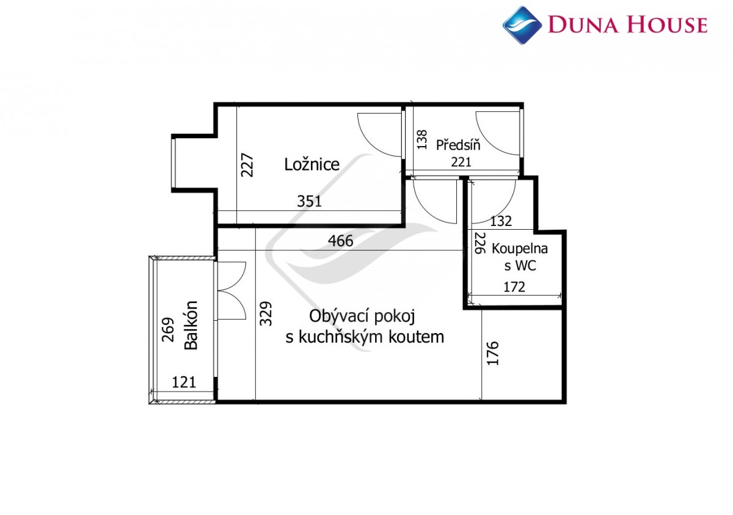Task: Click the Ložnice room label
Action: pos(312,164)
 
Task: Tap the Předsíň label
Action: pos(458,145)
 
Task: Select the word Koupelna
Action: pos(520,249)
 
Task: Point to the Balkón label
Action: pos(191,325)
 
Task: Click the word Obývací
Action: pos(338,316)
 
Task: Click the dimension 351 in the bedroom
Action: pos(309,201)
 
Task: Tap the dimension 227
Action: pos(247,165)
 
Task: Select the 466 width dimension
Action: pos(341,241)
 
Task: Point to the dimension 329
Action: pos(266,313)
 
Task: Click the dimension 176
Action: pos(493,353)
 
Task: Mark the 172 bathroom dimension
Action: pos(514,287)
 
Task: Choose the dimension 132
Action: pos(501,222)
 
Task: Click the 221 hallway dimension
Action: pos(461,162)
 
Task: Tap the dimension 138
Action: pos(422,140)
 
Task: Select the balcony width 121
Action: pos(184,382)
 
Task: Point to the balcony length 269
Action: pos(168,330)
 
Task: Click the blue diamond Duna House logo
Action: pos(522,25)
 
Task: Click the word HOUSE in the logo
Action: pos(668,25)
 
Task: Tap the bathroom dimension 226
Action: pos(480,243)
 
